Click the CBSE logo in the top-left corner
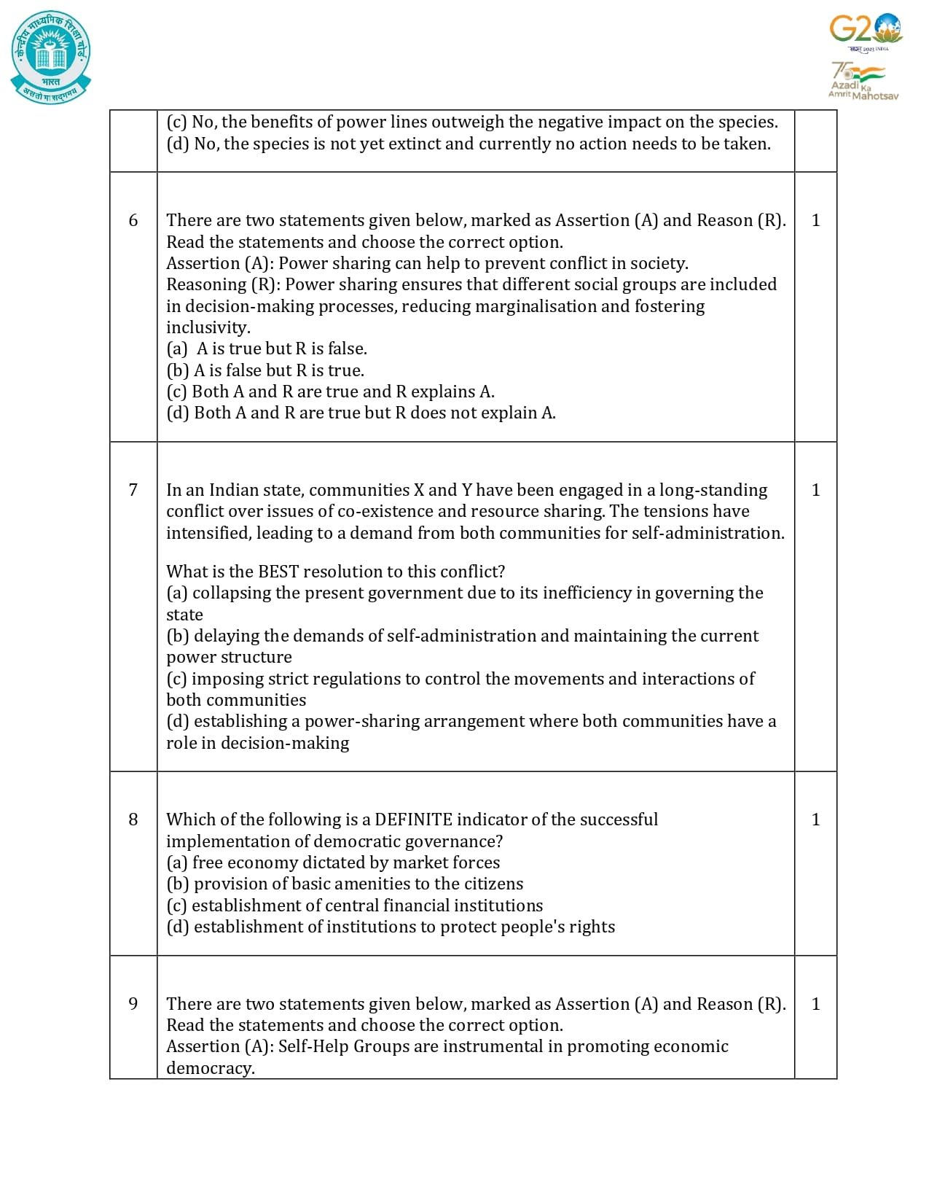[51, 57]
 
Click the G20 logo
[865, 31]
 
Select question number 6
[133, 220]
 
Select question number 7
[133, 490]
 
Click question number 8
[133, 819]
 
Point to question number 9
[133, 1004]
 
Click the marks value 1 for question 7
[815, 490]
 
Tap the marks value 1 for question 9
[815, 1004]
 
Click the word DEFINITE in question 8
[413, 819]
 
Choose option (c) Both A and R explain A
[330, 392]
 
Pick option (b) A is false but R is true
[265, 370]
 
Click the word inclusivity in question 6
[208, 327]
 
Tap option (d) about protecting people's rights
[391, 927]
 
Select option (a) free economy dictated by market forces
[333, 863]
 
